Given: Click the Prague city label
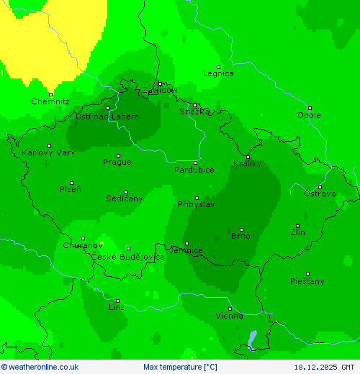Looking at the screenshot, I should click(x=117, y=162).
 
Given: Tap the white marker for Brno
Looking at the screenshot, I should click(x=242, y=229).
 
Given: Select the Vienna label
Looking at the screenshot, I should click(x=230, y=316).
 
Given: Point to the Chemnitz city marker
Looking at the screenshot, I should click(x=50, y=94).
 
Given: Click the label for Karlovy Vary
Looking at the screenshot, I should click(x=48, y=152).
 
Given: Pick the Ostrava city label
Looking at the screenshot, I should click(x=319, y=193).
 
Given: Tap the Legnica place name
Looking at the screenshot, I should click(x=218, y=73).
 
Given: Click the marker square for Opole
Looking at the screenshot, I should click(x=310, y=108).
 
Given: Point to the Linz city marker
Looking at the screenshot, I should click(x=117, y=301).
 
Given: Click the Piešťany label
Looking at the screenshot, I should click(x=307, y=280).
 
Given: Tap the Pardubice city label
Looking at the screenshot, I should click(x=194, y=170).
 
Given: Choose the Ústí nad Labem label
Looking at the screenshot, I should click(x=107, y=117).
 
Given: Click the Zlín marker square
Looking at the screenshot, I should click(x=297, y=226).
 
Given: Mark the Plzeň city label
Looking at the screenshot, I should click(x=71, y=189).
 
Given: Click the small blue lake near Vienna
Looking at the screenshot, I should click(x=251, y=338).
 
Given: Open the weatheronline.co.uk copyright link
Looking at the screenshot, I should click(x=40, y=367).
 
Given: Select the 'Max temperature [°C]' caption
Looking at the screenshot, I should click(x=180, y=367).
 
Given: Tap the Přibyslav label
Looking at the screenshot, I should click(x=197, y=204).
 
